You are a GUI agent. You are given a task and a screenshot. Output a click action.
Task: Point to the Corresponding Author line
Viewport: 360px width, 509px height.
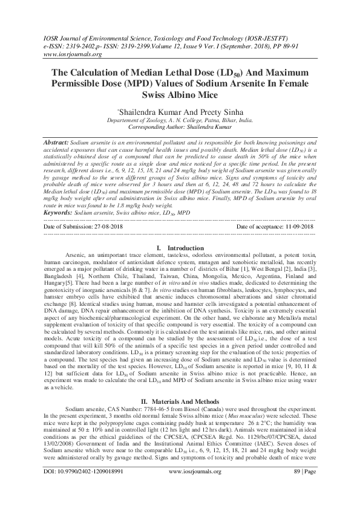[x=180, y=128]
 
